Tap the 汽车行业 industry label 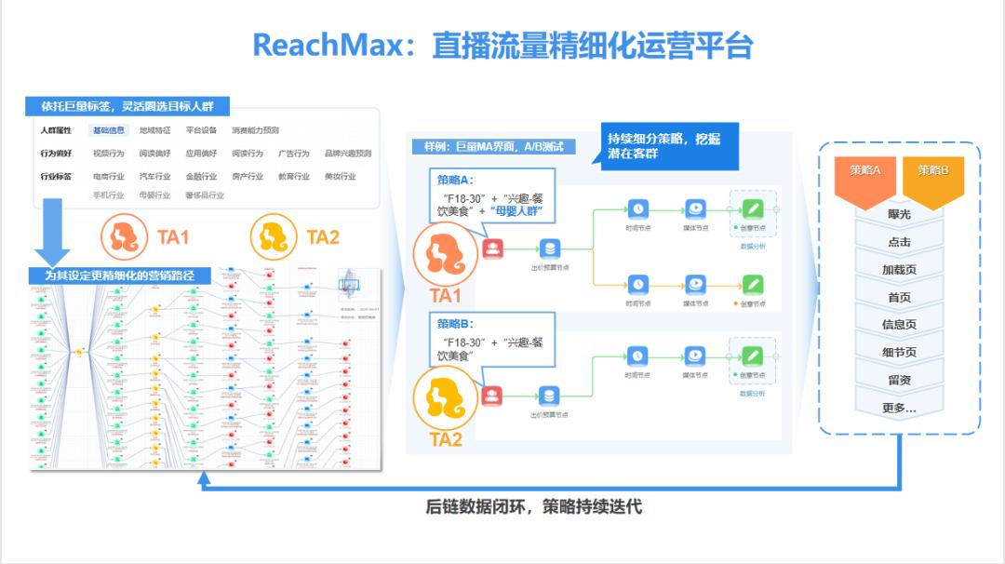[154, 176]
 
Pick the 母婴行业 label [154, 195]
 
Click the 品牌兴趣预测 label [347, 153]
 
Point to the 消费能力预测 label [255, 130]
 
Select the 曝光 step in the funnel [899, 214]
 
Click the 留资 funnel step [899, 380]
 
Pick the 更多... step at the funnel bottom [899, 408]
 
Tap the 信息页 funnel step [899, 325]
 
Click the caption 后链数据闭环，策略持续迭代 [534, 507]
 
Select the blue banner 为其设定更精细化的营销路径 [122, 275]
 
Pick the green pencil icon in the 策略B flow [752, 355]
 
